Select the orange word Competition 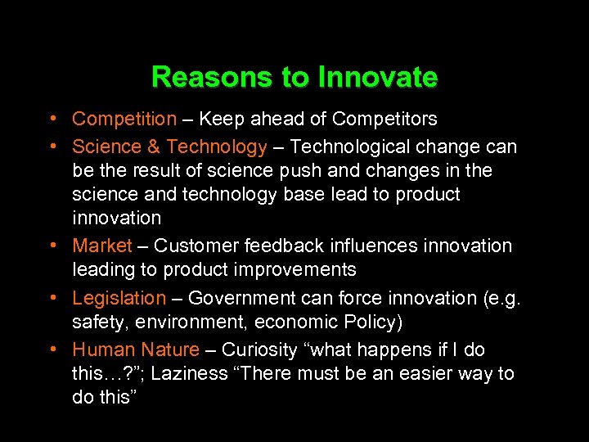tap(124, 120)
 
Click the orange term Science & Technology tap(169, 147)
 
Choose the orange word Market tap(102, 246)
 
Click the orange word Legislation tap(119, 299)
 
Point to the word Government tap(238, 299)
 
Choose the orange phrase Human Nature tap(136, 350)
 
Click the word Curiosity tap(260, 350)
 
